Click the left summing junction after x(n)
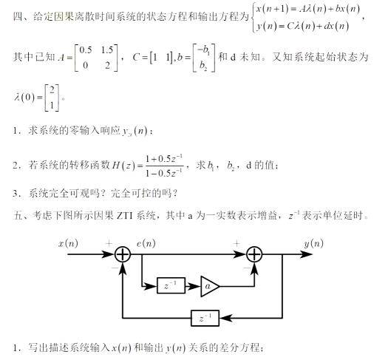click(x=123, y=254)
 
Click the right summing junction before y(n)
click(x=254, y=254)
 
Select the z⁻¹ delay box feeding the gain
click(x=171, y=286)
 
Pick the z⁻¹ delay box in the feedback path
click(x=205, y=318)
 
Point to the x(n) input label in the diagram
click(x=68, y=244)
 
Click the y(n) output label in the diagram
click(x=314, y=244)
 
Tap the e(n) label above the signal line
click(x=146, y=244)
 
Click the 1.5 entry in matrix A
click(x=107, y=50)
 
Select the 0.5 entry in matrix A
click(x=86, y=50)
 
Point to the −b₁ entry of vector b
click(x=203, y=50)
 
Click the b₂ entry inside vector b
click(x=203, y=66)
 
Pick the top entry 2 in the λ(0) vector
click(x=52, y=90)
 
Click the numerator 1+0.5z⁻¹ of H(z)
click(x=165, y=159)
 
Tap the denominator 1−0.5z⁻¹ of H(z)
click(x=164, y=173)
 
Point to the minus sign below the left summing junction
click(x=115, y=268)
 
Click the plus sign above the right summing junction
click(x=236, y=244)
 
